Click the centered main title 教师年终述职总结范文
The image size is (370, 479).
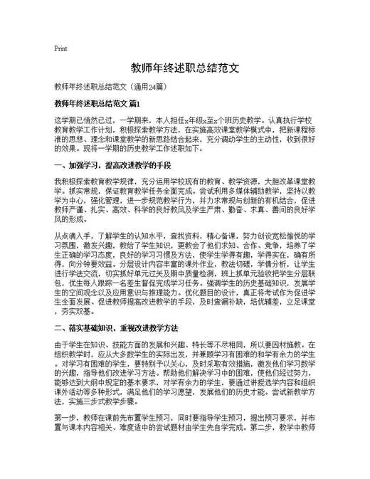pyautogui.click(x=184, y=70)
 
